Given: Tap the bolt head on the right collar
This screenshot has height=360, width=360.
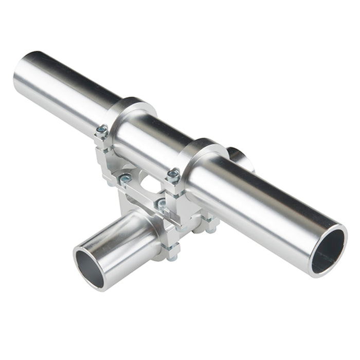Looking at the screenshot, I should click(x=173, y=175).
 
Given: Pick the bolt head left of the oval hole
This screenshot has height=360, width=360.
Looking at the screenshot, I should click(x=125, y=179).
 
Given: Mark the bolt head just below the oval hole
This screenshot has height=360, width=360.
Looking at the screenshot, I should click(x=161, y=204).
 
